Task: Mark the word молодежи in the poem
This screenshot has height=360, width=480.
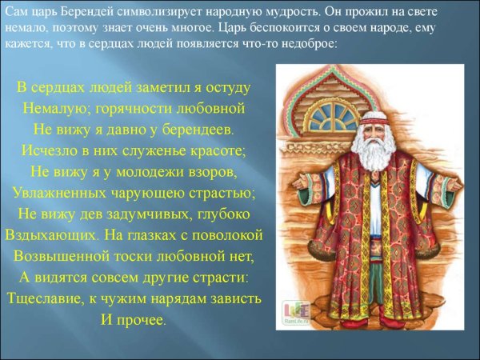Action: tap(145, 171)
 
